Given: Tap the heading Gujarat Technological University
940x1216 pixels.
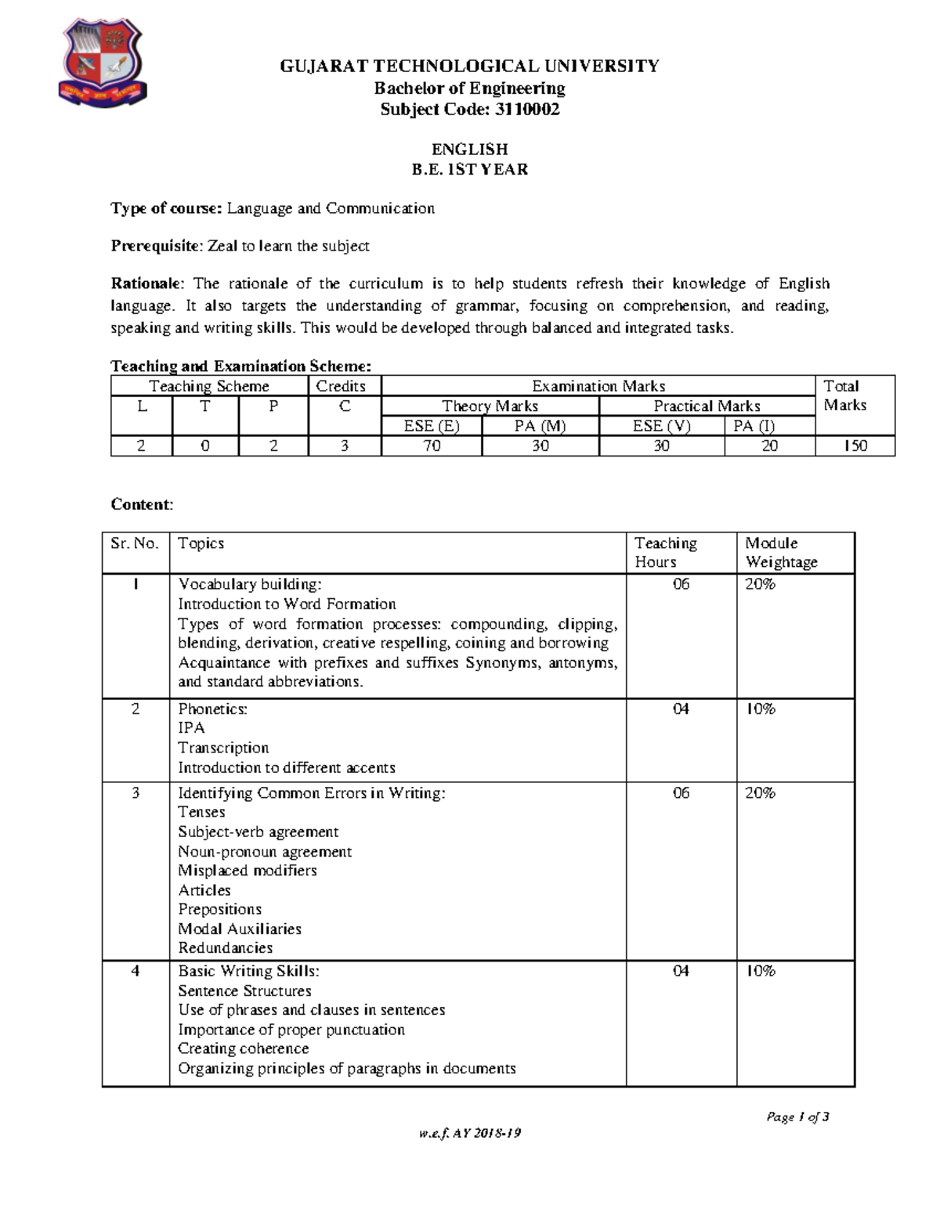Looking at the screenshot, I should click(x=469, y=67).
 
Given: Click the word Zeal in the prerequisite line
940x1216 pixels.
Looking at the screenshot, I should click(x=222, y=247).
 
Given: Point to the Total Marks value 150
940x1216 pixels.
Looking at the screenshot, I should click(x=855, y=446).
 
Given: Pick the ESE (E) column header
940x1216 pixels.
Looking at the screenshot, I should click(x=431, y=427).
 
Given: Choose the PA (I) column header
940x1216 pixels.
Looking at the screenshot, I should click(x=754, y=427).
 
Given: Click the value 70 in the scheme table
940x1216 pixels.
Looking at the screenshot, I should click(x=431, y=446).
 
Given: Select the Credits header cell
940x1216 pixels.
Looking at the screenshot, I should click(x=341, y=386).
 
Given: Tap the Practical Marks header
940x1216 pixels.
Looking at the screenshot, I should click(x=707, y=406).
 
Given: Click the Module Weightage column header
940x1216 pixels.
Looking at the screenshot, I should click(x=781, y=553).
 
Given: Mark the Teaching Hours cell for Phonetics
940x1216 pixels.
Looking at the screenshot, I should click(x=681, y=709).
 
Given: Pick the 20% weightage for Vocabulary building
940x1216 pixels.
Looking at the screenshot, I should click(x=760, y=584).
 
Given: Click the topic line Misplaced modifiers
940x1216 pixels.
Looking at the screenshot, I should click(x=247, y=871).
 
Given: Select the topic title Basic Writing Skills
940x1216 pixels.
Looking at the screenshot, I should click(x=248, y=971).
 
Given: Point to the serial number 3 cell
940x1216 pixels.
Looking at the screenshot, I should click(x=136, y=793).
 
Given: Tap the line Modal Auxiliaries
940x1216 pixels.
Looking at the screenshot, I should click(x=239, y=929).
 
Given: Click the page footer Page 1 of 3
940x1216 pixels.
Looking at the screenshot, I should click(x=797, y=1117).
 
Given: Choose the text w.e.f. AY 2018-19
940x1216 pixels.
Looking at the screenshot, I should click(x=469, y=1134).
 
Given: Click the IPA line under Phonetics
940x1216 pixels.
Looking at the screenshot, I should click(x=191, y=728).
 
